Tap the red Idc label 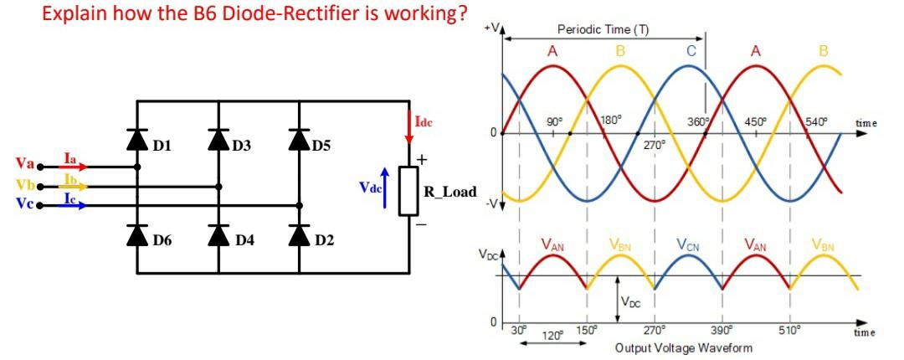click(424, 122)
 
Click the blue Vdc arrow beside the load click(385, 180)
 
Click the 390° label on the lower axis click(720, 329)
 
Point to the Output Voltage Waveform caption click(683, 347)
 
